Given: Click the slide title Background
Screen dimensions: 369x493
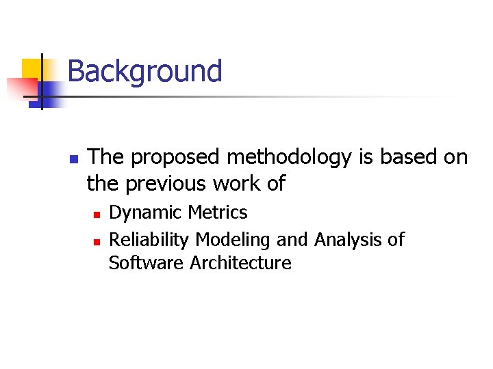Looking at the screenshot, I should coord(144,72).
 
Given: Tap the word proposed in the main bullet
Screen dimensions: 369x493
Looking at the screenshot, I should coord(176,158).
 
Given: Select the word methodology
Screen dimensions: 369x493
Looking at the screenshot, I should coord(290,158).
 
